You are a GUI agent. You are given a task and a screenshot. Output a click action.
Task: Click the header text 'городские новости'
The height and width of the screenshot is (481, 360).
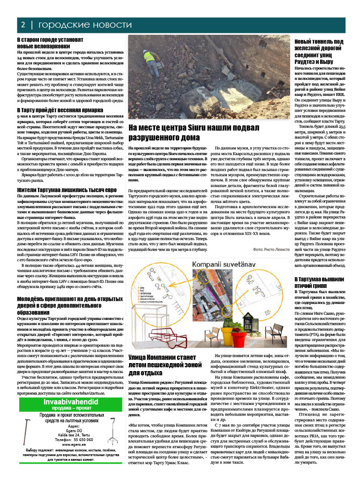coord(85,25)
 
